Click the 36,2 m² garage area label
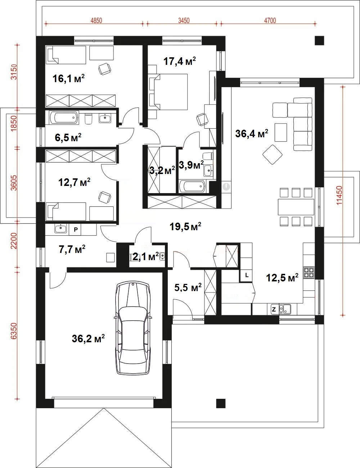point(88,338)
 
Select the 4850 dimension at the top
point(96,21)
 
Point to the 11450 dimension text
point(339,195)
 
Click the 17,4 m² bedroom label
point(180,61)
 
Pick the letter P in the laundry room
point(76,229)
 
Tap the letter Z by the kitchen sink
point(274,309)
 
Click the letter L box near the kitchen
point(247,275)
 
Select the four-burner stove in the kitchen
point(309,272)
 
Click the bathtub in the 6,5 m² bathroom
point(64,117)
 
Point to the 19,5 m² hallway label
point(185,227)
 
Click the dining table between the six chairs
point(296,207)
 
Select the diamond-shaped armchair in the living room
point(272,155)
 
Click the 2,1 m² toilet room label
point(145,257)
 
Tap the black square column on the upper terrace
point(319,40)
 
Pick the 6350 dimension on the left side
point(14,331)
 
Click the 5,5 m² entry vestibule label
point(188,287)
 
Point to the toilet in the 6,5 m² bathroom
point(89,119)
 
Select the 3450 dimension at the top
point(184,21)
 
